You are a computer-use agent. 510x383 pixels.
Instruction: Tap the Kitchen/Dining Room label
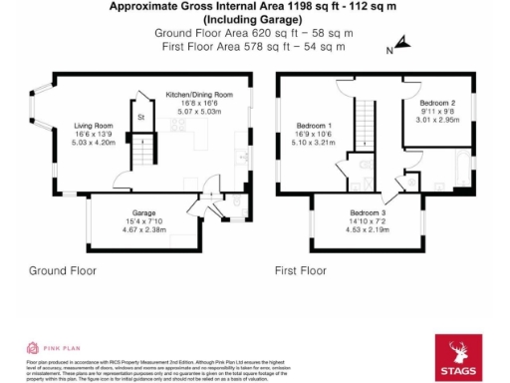coord(198,94)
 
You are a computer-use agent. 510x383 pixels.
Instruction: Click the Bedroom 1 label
coord(315,126)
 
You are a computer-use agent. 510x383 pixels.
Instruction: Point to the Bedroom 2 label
coord(437,104)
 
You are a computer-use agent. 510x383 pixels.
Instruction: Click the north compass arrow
coord(400,43)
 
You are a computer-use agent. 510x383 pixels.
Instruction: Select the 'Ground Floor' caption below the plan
coord(61,270)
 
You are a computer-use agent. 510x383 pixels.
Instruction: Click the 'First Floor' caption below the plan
coord(301,270)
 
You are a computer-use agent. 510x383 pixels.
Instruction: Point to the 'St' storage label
coord(141,117)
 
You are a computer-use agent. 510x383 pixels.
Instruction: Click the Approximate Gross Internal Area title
coord(254,7)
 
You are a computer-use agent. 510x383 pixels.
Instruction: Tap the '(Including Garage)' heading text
coord(253,19)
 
